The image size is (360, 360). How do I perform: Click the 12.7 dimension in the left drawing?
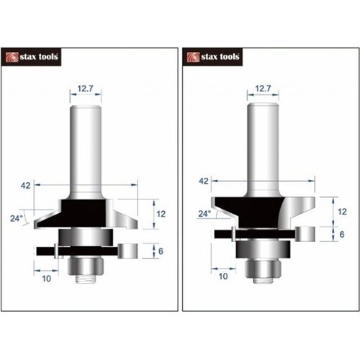pyautogui.click(x=85, y=89)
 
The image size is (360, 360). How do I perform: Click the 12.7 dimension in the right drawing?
pyautogui.click(x=263, y=89)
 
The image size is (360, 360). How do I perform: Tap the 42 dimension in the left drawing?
pyautogui.click(x=26, y=186)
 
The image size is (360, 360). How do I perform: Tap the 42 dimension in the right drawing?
pyautogui.click(x=204, y=181)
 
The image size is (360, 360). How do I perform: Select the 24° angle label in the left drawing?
pyautogui.click(x=17, y=218)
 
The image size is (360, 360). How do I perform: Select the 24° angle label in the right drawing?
pyautogui.click(x=204, y=213)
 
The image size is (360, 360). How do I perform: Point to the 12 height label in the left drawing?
pyautogui.click(x=161, y=214)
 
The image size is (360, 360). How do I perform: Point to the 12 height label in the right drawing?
pyautogui.click(x=342, y=212)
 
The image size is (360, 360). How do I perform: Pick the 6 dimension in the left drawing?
pyautogui.click(x=161, y=251)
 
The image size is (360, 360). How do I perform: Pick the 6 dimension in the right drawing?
pyautogui.click(x=342, y=234)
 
